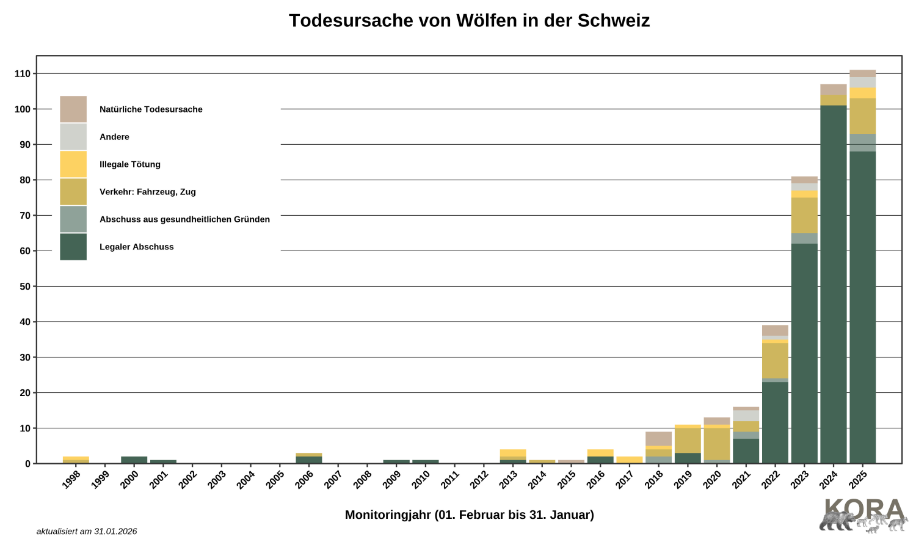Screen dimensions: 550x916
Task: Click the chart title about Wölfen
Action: (469, 21)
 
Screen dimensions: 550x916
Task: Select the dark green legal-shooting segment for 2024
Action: (834, 284)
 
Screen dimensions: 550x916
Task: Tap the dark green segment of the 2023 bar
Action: (804, 353)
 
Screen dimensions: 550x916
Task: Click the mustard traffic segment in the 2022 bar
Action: (775, 361)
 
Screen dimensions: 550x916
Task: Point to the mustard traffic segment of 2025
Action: (862, 116)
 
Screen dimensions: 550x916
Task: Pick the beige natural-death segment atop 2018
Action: (658, 439)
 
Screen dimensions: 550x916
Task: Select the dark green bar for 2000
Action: (134, 460)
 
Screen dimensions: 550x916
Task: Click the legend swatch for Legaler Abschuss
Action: (73, 247)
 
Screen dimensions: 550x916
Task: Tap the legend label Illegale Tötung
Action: (130, 164)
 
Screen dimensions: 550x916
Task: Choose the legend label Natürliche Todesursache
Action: (151, 109)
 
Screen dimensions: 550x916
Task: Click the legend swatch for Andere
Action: (73, 137)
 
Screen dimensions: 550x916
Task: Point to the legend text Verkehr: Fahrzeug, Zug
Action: (148, 192)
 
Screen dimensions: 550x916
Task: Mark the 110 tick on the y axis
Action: (23, 74)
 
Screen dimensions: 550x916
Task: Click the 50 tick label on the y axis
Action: (24, 287)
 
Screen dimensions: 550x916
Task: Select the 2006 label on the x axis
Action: (304, 480)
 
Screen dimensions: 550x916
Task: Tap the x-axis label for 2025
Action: (857, 480)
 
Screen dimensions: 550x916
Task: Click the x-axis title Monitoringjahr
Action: (469, 515)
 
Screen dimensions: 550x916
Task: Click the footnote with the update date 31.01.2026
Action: (87, 532)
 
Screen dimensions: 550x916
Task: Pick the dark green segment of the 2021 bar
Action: (746, 451)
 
